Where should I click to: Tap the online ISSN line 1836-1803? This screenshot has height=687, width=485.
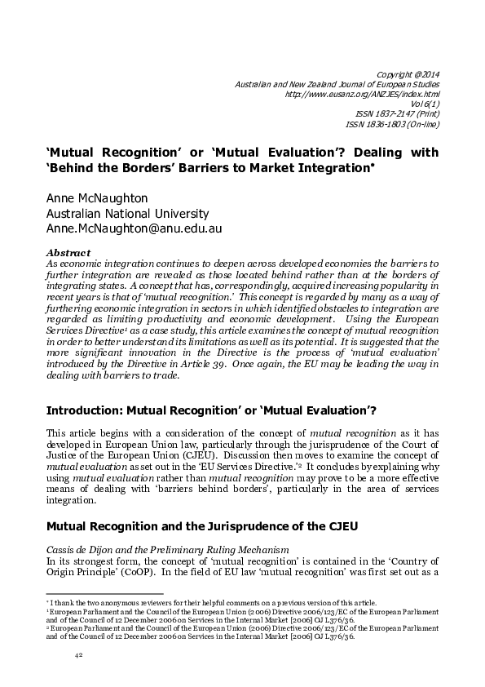click(x=394, y=124)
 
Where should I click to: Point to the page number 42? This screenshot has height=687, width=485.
click(x=79, y=655)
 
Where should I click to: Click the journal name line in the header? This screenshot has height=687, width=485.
click(x=337, y=84)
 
